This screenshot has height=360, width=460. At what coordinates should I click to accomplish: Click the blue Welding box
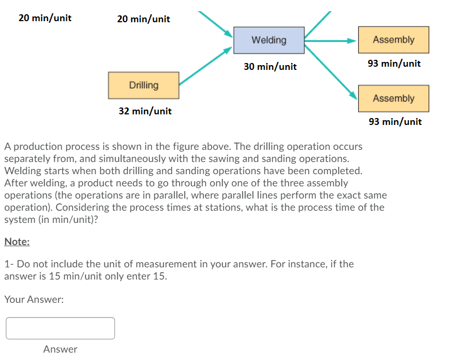[x=269, y=40]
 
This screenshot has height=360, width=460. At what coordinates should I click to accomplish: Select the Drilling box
[x=144, y=85]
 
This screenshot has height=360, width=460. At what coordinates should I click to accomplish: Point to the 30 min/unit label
[x=270, y=67]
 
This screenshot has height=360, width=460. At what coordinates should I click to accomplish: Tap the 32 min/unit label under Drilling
[x=145, y=111]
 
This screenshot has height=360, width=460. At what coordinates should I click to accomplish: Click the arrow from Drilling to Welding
[x=206, y=66]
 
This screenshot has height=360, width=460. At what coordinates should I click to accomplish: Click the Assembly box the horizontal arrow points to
[x=393, y=40]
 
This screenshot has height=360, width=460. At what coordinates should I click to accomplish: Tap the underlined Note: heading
[x=17, y=241]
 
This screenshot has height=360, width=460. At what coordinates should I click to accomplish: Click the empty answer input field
[x=60, y=328]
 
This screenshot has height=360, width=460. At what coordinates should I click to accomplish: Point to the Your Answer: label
[x=34, y=300]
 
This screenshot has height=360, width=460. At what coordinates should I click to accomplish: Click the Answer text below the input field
[x=60, y=349]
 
